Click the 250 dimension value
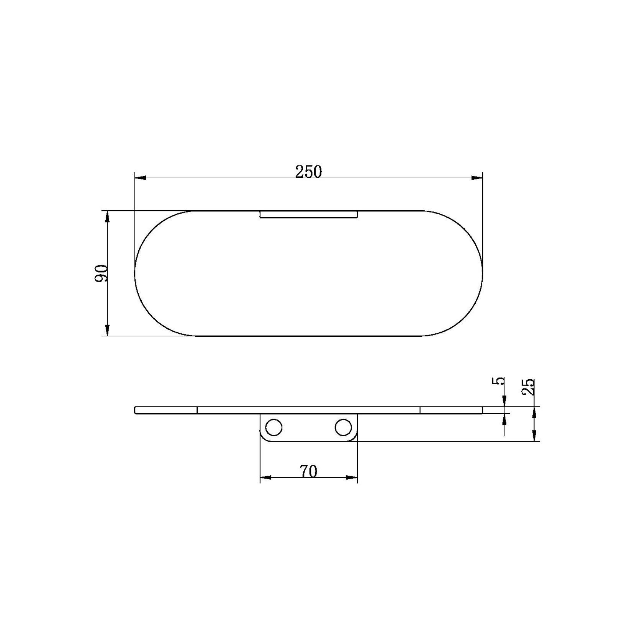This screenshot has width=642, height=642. (308, 172)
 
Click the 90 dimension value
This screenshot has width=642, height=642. (102, 273)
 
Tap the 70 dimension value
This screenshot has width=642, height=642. (309, 471)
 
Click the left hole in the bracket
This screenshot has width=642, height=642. (274, 427)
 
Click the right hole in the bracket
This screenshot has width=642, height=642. (343, 427)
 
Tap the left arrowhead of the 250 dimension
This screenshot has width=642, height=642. (141, 178)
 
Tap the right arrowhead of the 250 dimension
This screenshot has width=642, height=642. (477, 178)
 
